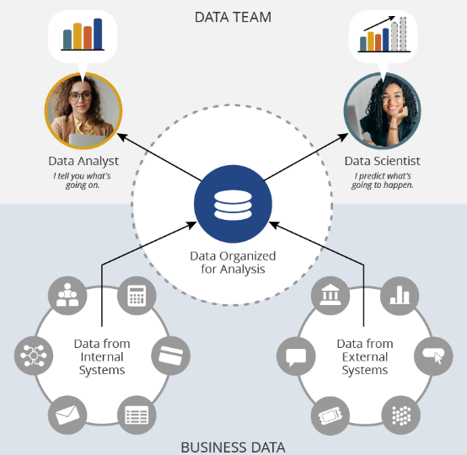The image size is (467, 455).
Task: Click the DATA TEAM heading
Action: (233, 17)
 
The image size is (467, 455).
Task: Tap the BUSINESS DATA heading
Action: (233, 447)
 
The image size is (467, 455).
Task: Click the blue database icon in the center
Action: (233, 204)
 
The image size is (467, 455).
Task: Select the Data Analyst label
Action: (83, 161)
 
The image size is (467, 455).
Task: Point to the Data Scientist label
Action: (382, 161)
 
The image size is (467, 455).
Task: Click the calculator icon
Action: (137, 296)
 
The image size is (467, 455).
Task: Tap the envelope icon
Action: (67, 415)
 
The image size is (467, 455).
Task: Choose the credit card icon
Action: (170, 356)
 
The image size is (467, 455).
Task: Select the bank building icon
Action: (330, 296)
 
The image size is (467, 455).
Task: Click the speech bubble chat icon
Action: (296, 356)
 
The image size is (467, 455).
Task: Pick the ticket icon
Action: (330, 415)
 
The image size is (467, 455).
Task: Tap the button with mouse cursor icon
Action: (433, 356)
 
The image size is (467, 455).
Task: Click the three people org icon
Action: (67, 296)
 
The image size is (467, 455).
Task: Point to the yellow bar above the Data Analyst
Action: (78, 36)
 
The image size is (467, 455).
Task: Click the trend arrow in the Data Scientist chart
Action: (379, 24)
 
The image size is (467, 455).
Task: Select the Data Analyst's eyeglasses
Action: (80, 96)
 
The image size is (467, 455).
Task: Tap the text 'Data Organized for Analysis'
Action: (233, 262)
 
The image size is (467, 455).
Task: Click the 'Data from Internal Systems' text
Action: (102, 356)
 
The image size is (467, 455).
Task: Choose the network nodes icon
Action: (34, 356)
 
